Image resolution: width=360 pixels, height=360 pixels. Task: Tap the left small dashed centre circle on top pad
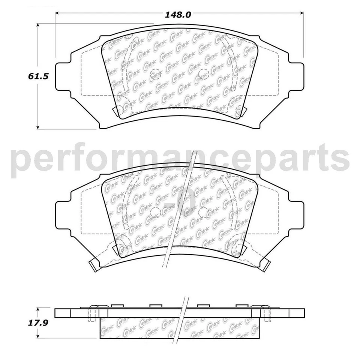155,75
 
